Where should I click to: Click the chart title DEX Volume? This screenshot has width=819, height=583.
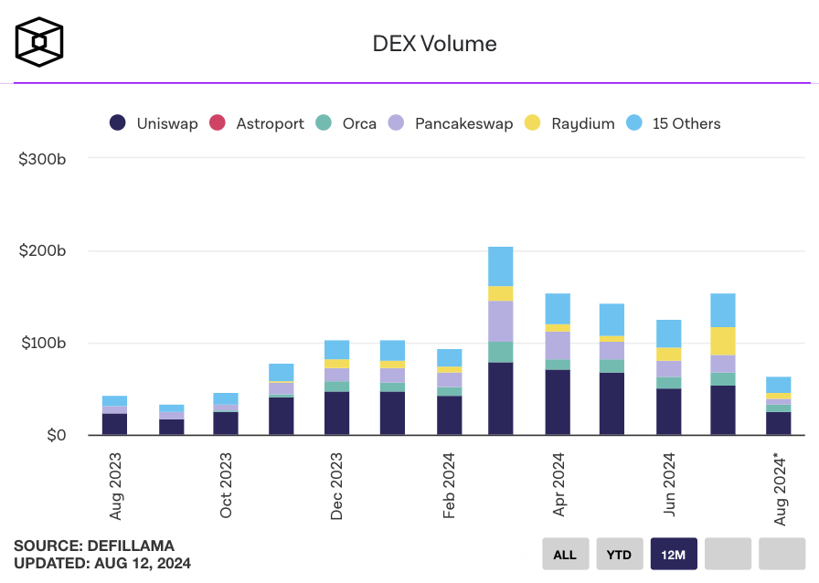[x=434, y=43]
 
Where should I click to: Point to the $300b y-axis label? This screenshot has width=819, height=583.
[x=42, y=158]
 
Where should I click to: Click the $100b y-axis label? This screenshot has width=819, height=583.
[x=42, y=344]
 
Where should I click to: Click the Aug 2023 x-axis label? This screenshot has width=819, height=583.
[x=115, y=485]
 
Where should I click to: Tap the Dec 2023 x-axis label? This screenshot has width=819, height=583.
[x=337, y=485]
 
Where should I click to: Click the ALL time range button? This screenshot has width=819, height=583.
[x=565, y=554]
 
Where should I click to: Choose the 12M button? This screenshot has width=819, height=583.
[x=674, y=554]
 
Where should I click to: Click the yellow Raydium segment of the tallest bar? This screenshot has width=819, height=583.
[x=501, y=293]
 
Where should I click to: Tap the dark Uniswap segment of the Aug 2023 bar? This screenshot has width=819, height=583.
[x=115, y=424]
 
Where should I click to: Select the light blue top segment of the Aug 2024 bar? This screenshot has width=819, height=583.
[x=779, y=385]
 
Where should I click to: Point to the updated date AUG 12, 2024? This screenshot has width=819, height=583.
[x=143, y=563]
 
